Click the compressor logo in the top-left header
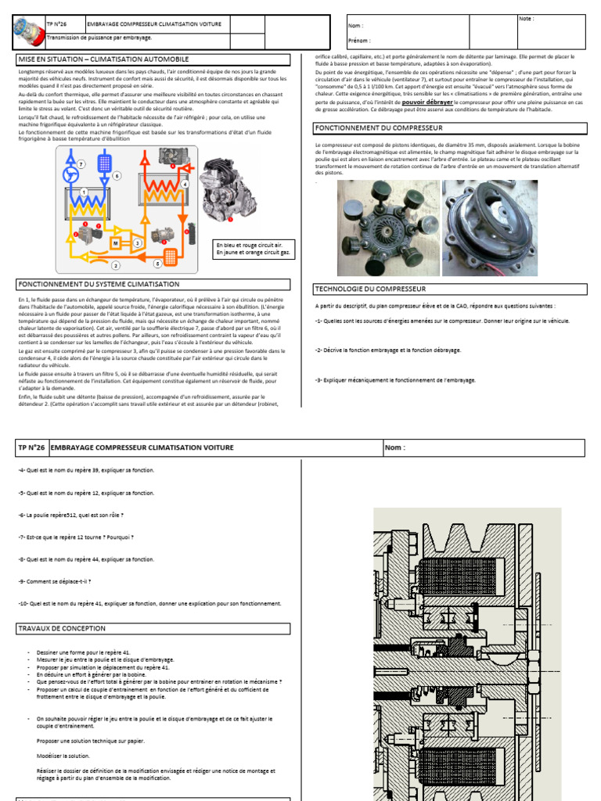[x=30, y=32]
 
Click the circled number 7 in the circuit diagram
[x=81, y=163]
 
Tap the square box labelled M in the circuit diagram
[x=115, y=244]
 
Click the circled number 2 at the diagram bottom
[x=115, y=266]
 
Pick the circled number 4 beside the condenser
[x=185, y=184]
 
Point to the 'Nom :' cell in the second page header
[x=395, y=447]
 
